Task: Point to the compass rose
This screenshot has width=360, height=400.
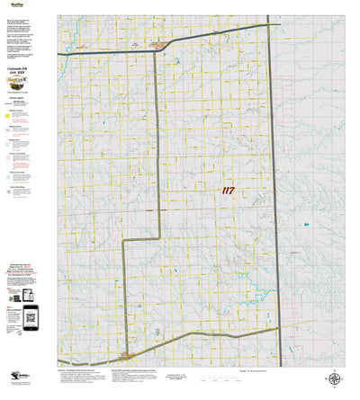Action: (336, 380)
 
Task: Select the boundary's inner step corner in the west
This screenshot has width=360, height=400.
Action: (159, 238)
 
